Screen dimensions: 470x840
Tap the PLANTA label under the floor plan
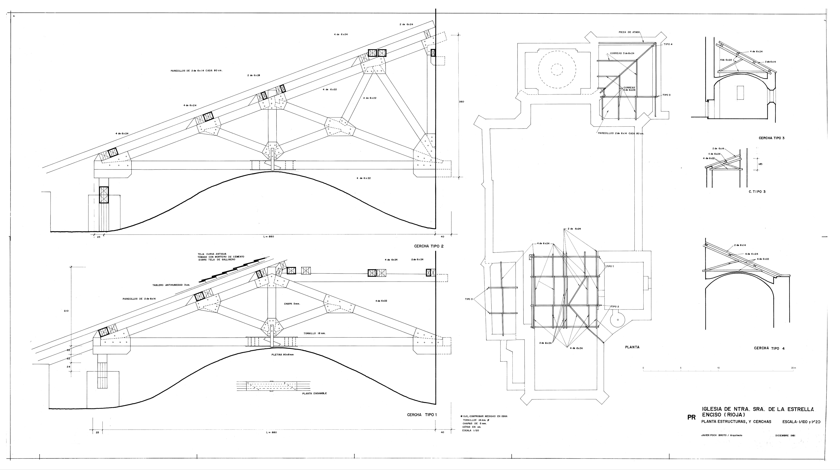[632, 347]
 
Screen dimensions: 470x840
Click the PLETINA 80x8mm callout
[282, 354]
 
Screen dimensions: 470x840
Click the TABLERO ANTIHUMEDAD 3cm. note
[171, 285]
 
